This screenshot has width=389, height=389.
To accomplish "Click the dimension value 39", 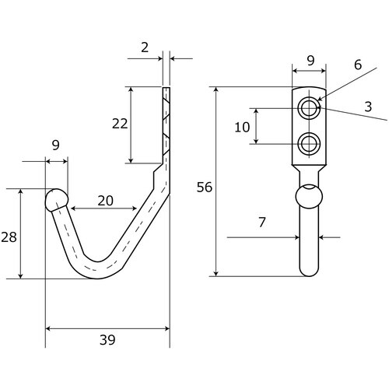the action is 107,340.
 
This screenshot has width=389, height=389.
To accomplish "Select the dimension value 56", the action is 205,187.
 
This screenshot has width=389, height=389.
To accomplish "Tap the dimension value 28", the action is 9,237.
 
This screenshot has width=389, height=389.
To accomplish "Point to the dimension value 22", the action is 120,124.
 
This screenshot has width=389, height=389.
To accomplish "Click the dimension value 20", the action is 105,201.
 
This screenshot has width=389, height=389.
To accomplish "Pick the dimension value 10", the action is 242,128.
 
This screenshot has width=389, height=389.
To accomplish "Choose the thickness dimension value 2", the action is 145,47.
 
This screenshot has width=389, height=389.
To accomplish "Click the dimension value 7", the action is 262,223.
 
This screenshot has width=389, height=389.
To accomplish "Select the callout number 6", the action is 358,65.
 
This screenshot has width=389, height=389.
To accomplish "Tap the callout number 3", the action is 368,107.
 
